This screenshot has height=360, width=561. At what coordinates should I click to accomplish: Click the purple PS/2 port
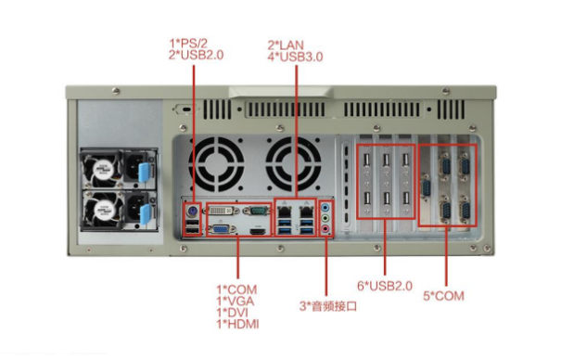(x=192, y=212)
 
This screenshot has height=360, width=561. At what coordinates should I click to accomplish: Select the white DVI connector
(x=222, y=210)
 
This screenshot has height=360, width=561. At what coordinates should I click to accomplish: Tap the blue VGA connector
(x=222, y=229)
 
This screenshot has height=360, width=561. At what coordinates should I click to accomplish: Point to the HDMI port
(x=258, y=232)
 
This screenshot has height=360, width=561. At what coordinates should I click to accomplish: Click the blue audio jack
(x=325, y=208)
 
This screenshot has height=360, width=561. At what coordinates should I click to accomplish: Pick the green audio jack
(x=325, y=218)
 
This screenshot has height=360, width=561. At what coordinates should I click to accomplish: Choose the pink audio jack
(x=325, y=228)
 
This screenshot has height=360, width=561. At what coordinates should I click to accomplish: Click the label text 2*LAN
(x=286, y=45)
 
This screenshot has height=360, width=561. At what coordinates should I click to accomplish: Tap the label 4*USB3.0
(x=295, y=57)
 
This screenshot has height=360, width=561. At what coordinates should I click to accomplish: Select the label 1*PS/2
(x=188, y=44)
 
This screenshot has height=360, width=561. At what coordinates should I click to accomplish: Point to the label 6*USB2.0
(x=385, y=286)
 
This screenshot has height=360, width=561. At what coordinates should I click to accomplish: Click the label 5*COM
(x=443, y=296)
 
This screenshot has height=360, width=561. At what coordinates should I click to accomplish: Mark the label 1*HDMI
(x=237, y=324)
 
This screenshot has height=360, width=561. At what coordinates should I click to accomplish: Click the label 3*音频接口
(x=328, y=306)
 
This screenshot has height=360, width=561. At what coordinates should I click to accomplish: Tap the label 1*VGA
(x=235, y=302)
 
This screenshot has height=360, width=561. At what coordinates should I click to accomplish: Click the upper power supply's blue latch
(x=144, y=172)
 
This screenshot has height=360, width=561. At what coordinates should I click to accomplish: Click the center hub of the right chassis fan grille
(x=293, y=164)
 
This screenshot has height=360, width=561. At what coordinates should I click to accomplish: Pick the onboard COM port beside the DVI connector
(x=257, y=210)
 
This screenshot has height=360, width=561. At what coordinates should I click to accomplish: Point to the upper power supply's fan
(x=102, y=169)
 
